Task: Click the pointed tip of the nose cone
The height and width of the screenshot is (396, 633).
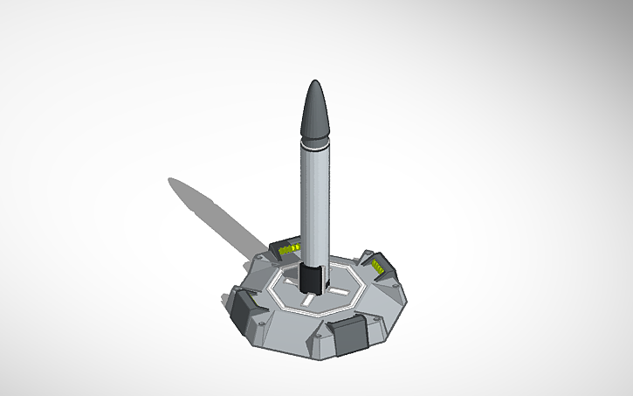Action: tap(316, 81)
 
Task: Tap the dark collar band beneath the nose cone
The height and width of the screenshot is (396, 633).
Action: tap(316, 139)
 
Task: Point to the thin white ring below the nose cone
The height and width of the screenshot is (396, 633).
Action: tap(316, 147)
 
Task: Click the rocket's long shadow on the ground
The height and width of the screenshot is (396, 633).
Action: tap(218, 214)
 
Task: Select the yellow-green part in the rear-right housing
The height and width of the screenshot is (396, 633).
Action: tap(377, 265)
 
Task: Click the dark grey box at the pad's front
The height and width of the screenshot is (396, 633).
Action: tap(351, 334)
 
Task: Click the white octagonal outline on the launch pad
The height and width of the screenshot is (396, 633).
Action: tap(278, 297)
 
